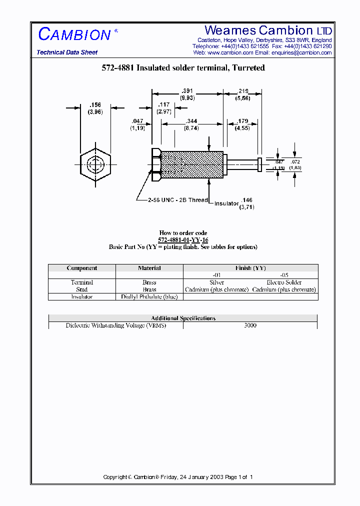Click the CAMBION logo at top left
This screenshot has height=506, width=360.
75,34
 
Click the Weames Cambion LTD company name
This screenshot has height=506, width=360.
268,30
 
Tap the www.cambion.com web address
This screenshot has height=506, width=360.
230,52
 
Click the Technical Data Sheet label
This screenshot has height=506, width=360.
67,52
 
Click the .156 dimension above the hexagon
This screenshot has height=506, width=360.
94,105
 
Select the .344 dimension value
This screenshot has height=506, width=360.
191,121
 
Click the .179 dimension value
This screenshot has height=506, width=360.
242,121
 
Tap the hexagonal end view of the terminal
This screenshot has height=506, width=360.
94,164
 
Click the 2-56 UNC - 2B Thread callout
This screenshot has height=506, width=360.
177,200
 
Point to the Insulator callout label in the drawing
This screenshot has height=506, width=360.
226,203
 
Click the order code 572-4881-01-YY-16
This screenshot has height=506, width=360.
183,240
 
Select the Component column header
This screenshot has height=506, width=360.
82,268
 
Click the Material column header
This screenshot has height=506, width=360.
149,268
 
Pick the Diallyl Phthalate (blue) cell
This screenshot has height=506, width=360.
149,296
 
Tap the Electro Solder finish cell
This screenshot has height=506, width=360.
284,282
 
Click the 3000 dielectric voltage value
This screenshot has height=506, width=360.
250,325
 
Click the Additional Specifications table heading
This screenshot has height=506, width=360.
183,318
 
